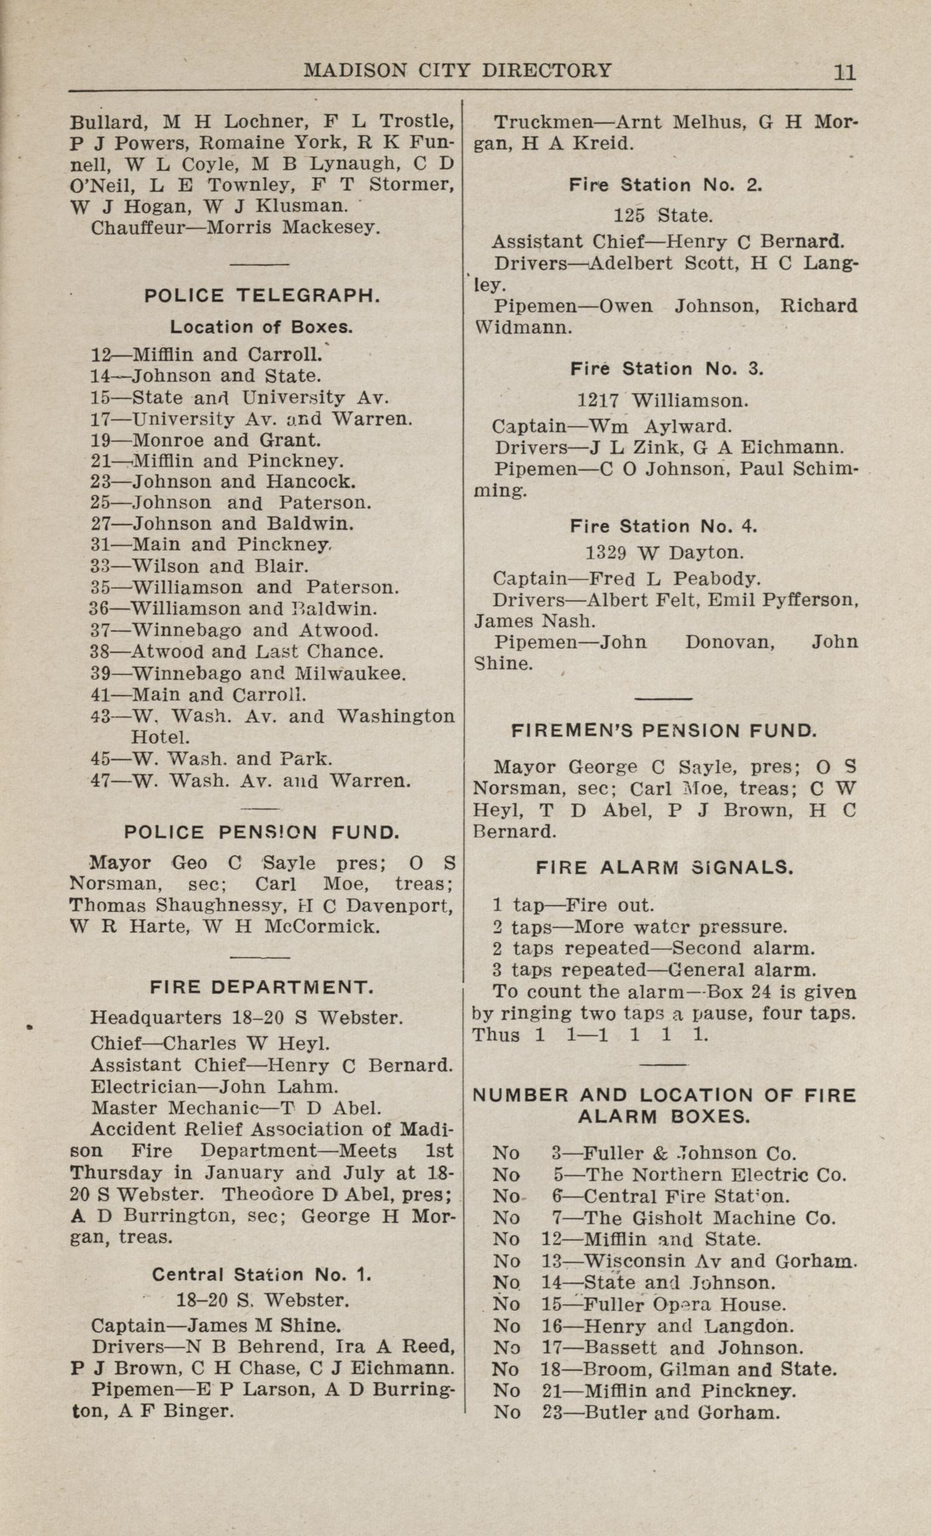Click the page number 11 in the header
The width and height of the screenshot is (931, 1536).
(844, 72)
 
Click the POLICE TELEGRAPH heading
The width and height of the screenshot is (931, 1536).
(262, 295)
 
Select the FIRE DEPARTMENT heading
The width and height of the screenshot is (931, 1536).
(262, 987)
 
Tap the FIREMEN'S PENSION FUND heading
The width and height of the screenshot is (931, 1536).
(664, 730)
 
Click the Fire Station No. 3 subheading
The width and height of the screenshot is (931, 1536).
(666, 368)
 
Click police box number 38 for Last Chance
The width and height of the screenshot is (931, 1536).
(100, 651)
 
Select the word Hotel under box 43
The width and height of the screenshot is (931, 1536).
(160, 737)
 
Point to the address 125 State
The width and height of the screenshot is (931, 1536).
(662, 216)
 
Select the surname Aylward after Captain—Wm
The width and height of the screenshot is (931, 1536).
(687, 427)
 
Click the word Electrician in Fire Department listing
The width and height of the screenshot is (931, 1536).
(143, 1086)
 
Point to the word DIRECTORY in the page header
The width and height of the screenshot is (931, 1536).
(546, 70)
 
